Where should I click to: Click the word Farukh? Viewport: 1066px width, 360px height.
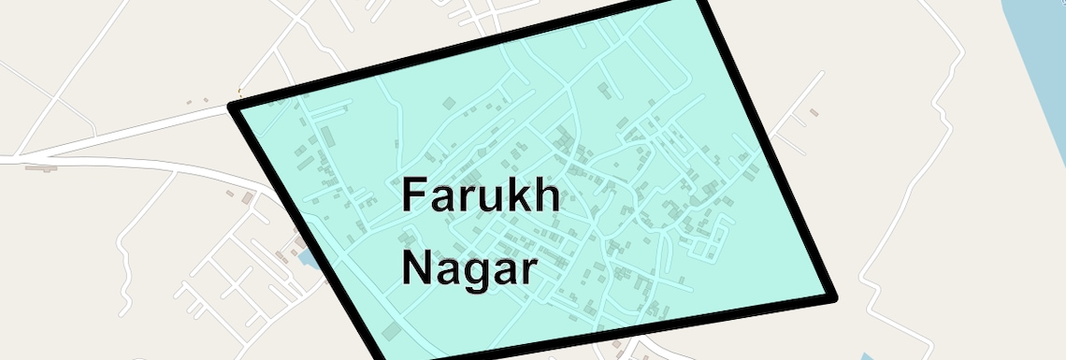click(x=481, y=196)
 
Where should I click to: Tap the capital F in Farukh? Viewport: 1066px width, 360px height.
click(x=413, y=196)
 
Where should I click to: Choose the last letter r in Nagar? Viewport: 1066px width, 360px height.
click(x=530, y=272)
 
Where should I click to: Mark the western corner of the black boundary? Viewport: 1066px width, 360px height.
click(x=234, y=107)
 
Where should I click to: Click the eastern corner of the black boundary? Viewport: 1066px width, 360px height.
click(x=831, y=297)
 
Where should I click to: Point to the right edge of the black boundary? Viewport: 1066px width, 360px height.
click(x=769, y=150)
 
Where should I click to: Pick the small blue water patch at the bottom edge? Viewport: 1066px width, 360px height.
click(x=865, y=356)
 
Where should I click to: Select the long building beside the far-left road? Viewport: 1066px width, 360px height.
click(x=41, y=168)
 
